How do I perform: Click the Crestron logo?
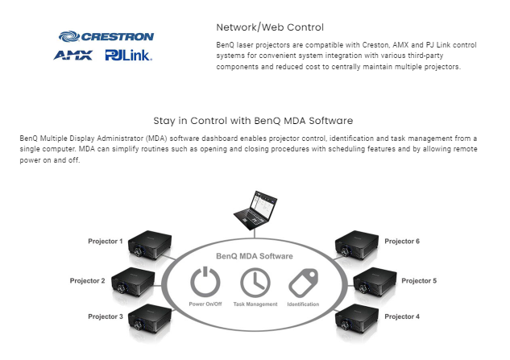(x=106, y=36)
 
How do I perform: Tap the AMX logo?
(x=73, y=56)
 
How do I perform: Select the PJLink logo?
(x=128, y=56)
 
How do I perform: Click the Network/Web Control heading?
(x=259, y=27)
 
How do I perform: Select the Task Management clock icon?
(x=255, y=282)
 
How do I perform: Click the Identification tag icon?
(x=303, y=282)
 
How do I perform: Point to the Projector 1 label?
(x=106, y=241)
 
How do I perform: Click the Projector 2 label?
(x=86, y=280)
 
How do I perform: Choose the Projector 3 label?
(x=106, y=317)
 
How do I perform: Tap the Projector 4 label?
(x=401, y=317)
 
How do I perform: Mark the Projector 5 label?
(x=419, y=280)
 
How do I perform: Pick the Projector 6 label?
(x=401, y=241)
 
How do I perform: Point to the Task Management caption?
(x=255, y=304)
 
